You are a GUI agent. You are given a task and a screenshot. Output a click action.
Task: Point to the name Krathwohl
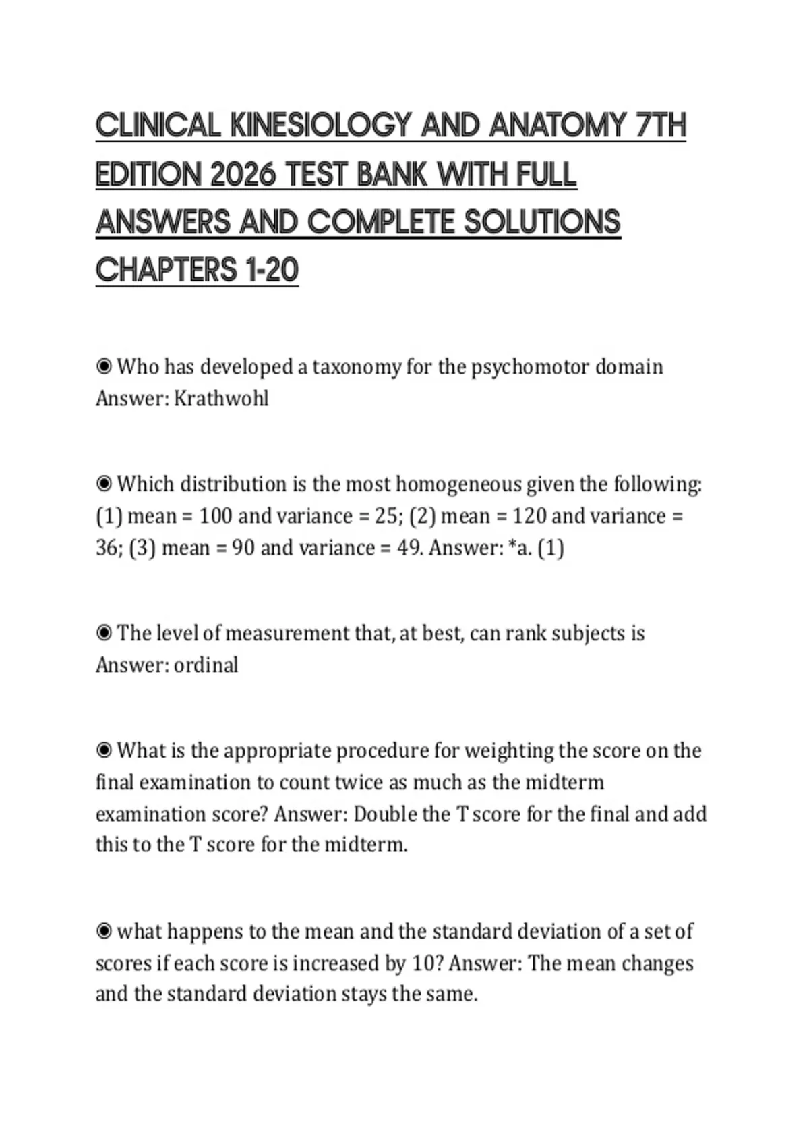point(221,399)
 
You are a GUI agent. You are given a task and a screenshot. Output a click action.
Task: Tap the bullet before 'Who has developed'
point(104,367)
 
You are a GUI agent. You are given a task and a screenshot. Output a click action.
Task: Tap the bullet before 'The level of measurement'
point(104,634)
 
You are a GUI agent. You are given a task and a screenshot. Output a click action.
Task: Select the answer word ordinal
point(206,665)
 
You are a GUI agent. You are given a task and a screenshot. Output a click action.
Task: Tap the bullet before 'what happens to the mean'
point(104,932)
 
